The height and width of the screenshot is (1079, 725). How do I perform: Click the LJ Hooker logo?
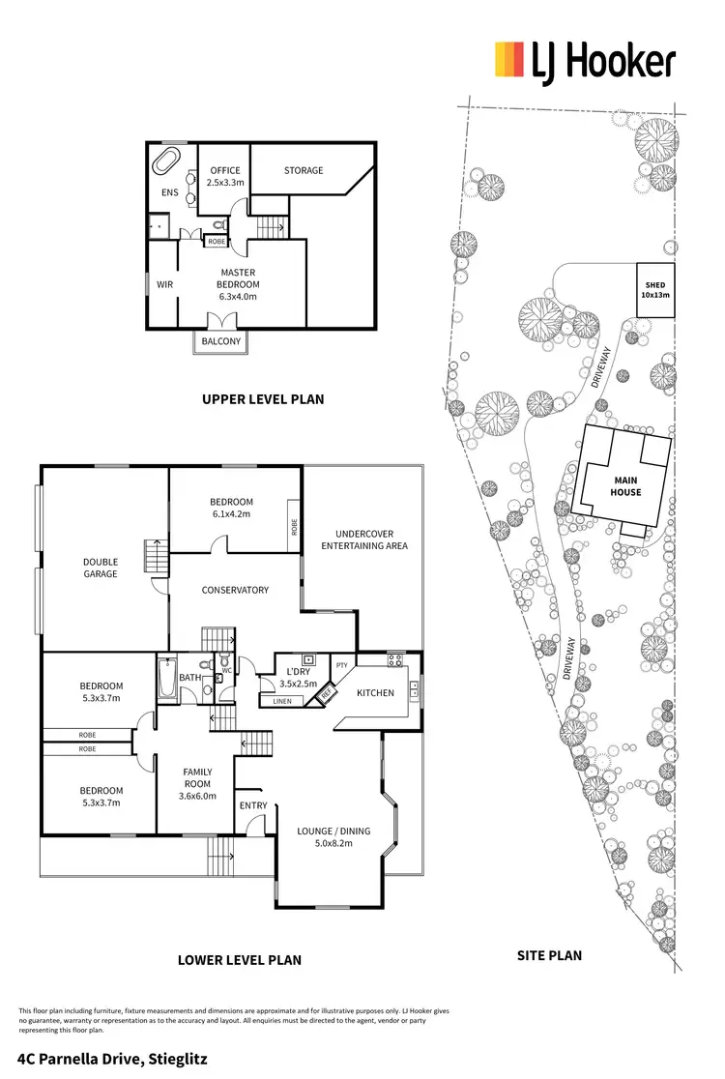[x=584, y=62]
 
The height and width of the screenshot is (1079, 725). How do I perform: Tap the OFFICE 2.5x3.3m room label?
[x=225, y=176]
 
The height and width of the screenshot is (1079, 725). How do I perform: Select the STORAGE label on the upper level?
[x=304, y=171]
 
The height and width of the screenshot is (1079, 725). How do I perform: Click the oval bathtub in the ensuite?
[x=168, y=160]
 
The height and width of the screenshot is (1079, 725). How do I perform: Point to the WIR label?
[x=164, y=285]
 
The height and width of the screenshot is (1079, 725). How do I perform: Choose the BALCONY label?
[x=221, y=341]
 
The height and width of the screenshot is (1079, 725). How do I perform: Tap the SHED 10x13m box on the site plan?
[x=656, y=290]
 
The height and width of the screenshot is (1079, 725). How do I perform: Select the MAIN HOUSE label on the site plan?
[x=624, y=485]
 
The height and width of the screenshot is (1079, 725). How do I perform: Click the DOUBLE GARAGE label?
[x=101, y=568]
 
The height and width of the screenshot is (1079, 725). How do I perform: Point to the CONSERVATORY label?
[x=235, y=590]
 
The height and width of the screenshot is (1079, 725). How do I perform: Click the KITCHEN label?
[x=374, y=694]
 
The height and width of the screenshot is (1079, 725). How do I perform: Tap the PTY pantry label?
[x=341, y=665]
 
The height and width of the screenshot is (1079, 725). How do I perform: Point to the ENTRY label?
[x=253, y=805]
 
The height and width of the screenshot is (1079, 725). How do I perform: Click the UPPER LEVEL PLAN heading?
[x=262, y=398]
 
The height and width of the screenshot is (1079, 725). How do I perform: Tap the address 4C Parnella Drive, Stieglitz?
[x=112, y=1059]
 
